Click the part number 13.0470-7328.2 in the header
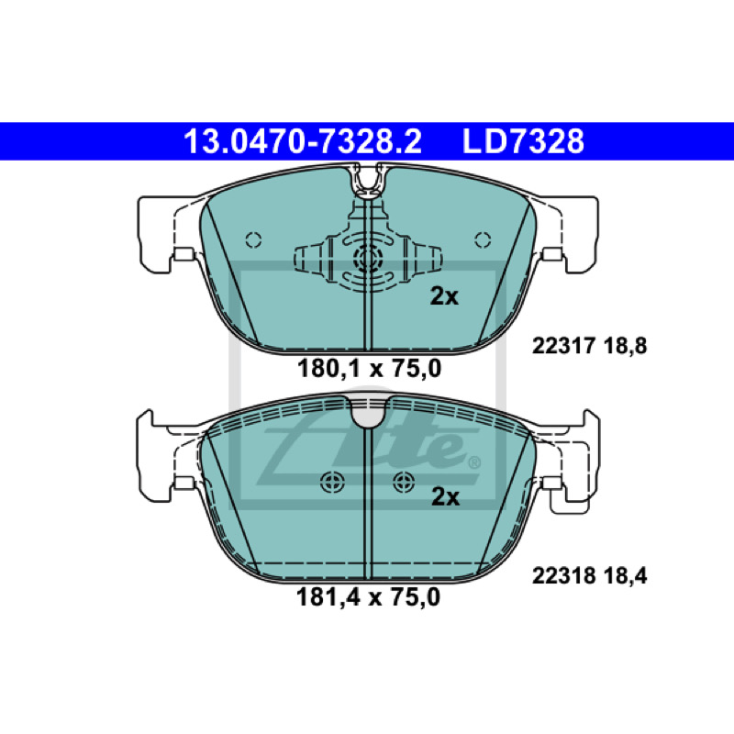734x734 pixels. (x=303, y=141)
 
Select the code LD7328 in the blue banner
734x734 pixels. (x=523, y=141)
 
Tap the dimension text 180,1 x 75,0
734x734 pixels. (x=370, y=369)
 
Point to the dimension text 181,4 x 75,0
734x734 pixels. (x=369, y=597)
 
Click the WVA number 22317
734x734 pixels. (x=563, y=346)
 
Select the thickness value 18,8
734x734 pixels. (x=626, y=346)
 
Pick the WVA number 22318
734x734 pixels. (x=563, y=576)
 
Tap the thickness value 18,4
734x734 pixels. (x=626, y=576)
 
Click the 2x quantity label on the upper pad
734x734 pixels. (x=444, y=295)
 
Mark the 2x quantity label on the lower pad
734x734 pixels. (x=445, y=496)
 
